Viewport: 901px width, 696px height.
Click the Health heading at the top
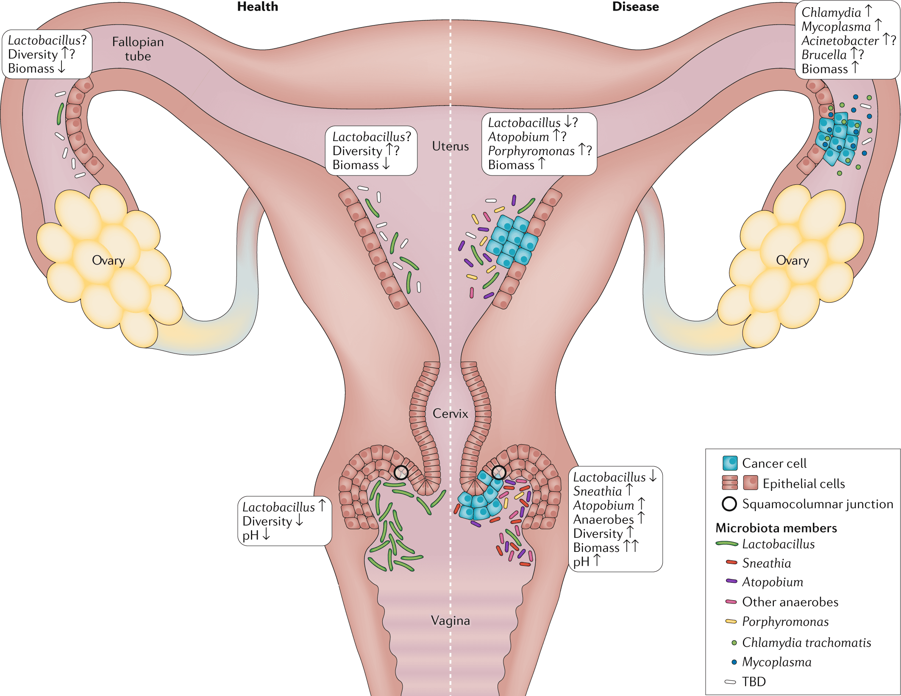tap(257, 7)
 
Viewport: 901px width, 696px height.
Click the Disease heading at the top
tap(635, 7)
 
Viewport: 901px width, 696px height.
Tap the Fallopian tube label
tap(138, 49)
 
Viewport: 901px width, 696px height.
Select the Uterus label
tap(450, 146)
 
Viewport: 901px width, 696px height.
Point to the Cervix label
tap(450, 413)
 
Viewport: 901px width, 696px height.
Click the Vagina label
tap(450, 621)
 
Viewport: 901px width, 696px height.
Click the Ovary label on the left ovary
tap(108, 260)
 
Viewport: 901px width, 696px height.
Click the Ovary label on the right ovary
tap(792, 260)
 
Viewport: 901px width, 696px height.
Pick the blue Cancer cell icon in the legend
tap(730, 463)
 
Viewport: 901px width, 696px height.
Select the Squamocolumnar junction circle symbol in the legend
tap(729, 504)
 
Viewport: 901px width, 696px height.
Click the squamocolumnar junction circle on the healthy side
tap(401, 472)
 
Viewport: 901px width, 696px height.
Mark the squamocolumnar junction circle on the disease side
tap(499, 472)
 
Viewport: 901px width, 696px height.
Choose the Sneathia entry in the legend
tap(766, 563)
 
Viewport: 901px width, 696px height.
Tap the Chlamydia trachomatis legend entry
tap(806, 642)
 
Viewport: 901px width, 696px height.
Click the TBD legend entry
tap(754, 682)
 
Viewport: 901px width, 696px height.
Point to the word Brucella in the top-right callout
tap(823, 55)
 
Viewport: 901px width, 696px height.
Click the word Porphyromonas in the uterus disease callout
tap(531, 151)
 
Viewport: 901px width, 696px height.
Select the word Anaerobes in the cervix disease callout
tap(603, 519)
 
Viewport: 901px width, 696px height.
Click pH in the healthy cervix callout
tap(250, 535)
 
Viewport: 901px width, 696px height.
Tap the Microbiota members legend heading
tap(776, 528)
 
